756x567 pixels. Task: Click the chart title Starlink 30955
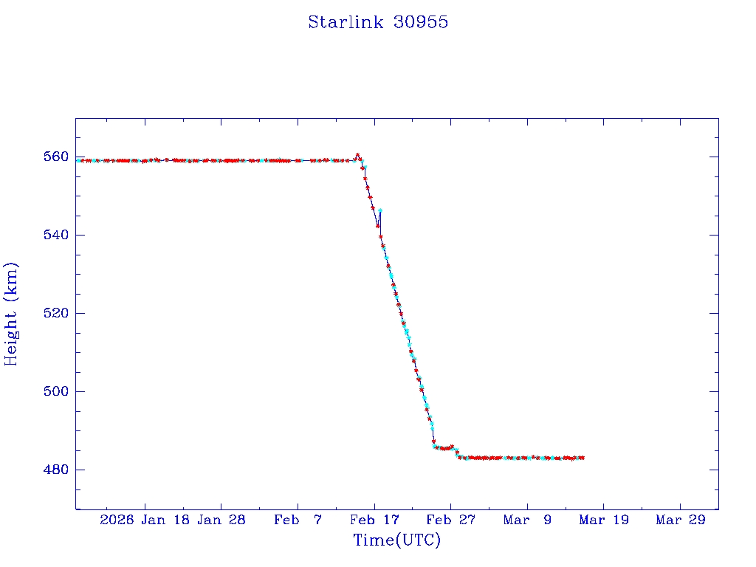[x=378, y=22]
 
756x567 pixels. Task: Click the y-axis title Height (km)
[x=11, y=314]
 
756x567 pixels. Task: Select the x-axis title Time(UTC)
[x=396, y=540]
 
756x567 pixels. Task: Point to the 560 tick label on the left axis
[x=56, y=157]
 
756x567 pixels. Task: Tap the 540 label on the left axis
[x=56, y=235]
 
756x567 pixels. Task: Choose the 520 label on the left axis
[x=56, y=313]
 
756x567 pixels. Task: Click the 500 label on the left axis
[x=56, y=391]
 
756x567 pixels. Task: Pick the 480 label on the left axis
[x=56, y=470]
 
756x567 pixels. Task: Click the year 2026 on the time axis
[x=117, y=520]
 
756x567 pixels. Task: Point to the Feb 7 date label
[x=298, y=520]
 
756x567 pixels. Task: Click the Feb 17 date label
[x=374, y=520]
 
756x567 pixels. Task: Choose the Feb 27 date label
[x=451, y=520]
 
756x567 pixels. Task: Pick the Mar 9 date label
[x=527, y=520]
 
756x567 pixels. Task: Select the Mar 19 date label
[x=604, y=520]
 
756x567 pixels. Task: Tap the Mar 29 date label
[x=680, y=520]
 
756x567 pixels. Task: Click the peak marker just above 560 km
[x=357, y=155]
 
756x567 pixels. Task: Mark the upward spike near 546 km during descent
[x=379, y=210]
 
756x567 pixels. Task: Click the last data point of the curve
[x=583, y=458]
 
